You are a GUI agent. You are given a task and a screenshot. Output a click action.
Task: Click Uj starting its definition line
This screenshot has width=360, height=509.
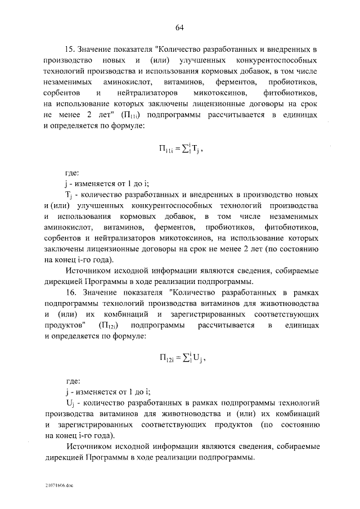70,403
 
